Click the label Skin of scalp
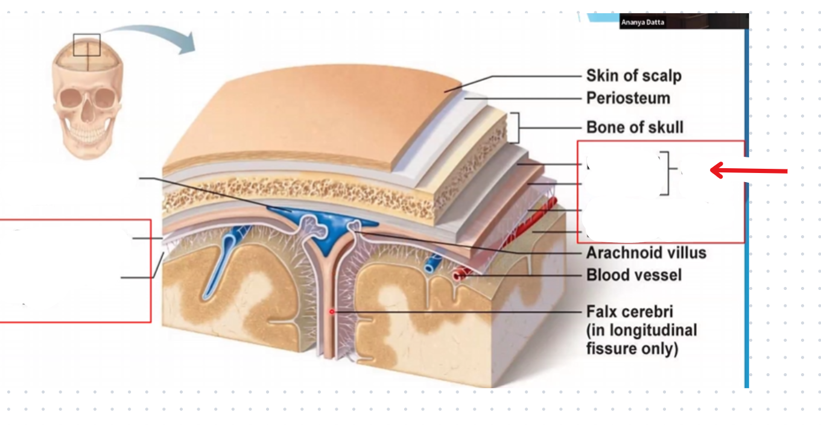coord(633,76)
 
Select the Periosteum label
coord(627,98)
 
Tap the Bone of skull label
coord(635,127)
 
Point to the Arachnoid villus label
coord(645,252)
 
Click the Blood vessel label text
coord(633,275)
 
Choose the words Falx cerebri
coord(629,312)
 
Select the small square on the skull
coord(87,45)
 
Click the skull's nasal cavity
coord(87,111)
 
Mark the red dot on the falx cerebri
coord(331,312)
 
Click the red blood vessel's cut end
coord(459,274)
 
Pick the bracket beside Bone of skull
coord(515,128)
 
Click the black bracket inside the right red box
coord(665,174)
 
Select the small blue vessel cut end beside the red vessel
coord(431,265)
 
